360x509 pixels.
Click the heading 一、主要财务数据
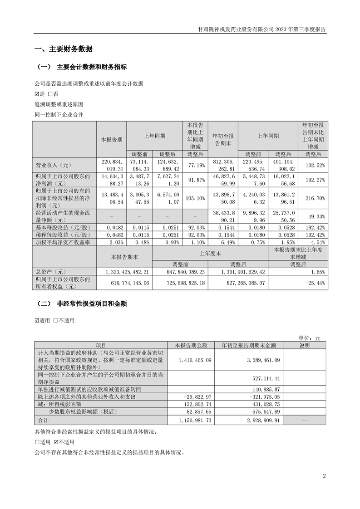(x=64, y=49)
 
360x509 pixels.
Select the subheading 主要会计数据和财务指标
(x=92, y=67)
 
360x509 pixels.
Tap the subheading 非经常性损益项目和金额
(x=92, y=304)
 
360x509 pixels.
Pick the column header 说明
(x=304, y=345)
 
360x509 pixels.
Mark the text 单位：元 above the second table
(x=309, y=338)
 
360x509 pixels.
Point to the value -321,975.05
(x=255, y=396)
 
